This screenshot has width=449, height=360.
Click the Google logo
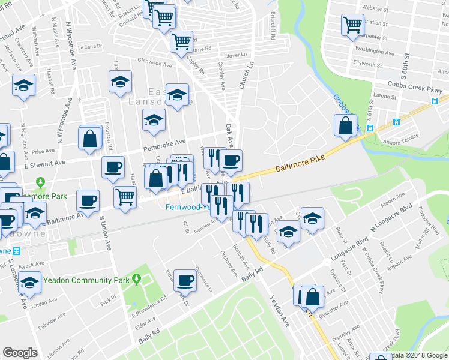[20, 352]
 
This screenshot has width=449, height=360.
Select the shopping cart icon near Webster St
[352, 25]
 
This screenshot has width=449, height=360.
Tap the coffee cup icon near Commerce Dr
[185, 280]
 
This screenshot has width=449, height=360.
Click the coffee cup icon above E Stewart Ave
[113, 167]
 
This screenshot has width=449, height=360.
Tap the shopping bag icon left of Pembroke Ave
[90, 138]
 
